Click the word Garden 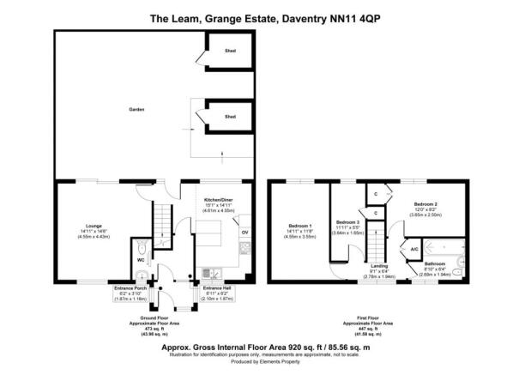click(x=136, y=110)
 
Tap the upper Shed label click(x=230, y=51)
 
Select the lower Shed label click(x=230, y=116)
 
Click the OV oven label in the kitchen click(x=245, y=232)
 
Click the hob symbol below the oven click(x=244, y=248)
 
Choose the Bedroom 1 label click(x=299, y=227)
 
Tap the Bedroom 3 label click(x=347, y=221)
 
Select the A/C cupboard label click(x=414, y=248)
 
